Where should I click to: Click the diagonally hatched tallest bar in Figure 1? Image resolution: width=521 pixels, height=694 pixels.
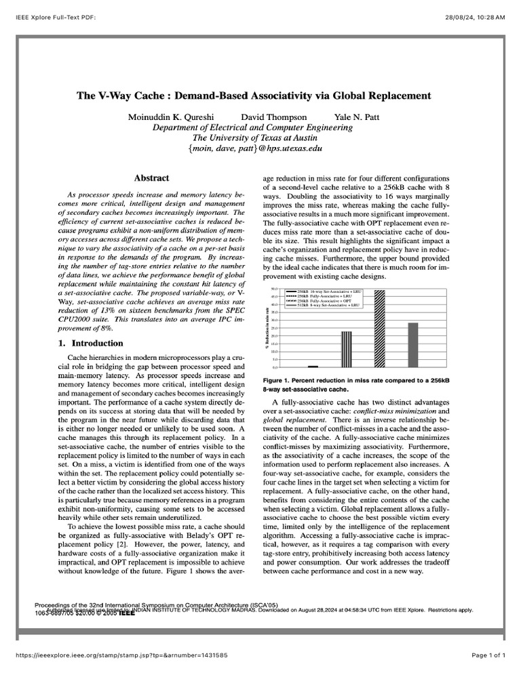(x=379, y=329)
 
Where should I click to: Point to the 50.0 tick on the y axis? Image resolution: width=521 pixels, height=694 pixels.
(x=275, y=289)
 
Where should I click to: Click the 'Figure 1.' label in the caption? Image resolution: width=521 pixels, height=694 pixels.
(x=277, y=380)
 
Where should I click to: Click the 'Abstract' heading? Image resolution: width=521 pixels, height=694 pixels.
(x=151, y=178)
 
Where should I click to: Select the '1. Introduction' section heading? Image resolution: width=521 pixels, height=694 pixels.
(x=89, y=343)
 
